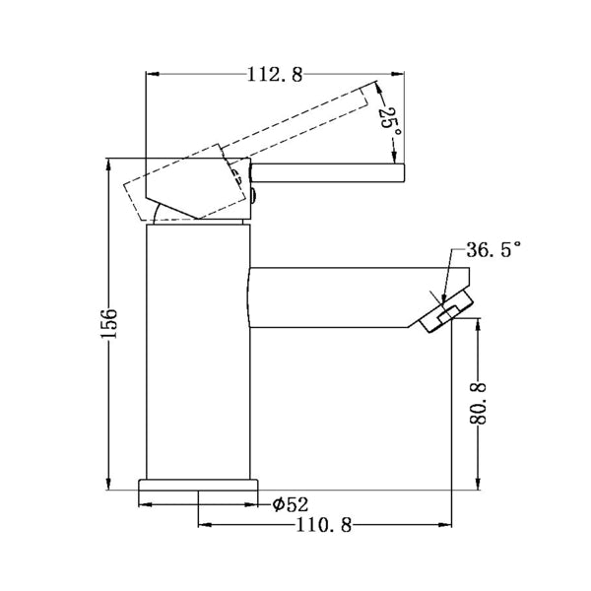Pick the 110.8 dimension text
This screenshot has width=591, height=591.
[x=324, y=525]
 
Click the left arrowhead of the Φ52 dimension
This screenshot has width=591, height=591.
[x=142, y=504]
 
